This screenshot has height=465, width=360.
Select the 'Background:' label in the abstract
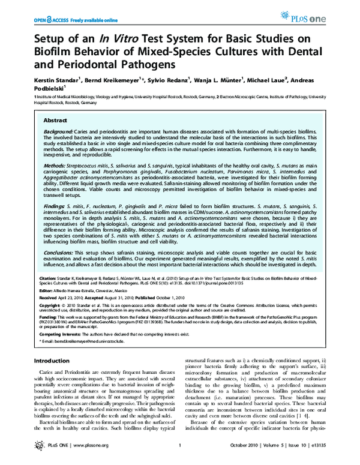coord(62,131)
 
